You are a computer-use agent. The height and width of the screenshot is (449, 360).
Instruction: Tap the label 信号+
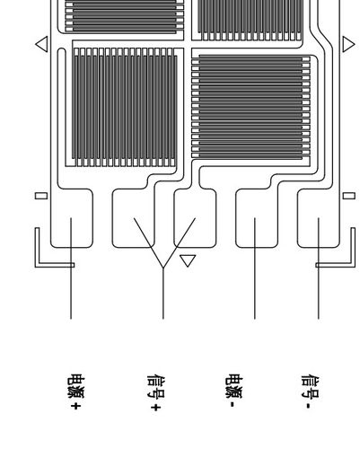(154, 393)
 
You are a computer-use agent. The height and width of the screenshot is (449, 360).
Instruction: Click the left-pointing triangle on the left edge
(40, 42)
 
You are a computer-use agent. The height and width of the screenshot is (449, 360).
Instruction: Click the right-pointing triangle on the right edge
(348, 42)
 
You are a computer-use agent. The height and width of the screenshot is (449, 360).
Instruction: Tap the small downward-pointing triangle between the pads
(188, 260)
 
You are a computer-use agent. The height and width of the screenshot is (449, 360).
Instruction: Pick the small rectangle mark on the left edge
(40, 194)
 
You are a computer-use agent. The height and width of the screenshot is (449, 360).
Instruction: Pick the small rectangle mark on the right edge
(349, 194)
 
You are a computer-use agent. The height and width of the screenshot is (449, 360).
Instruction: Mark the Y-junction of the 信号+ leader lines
(162, 267)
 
